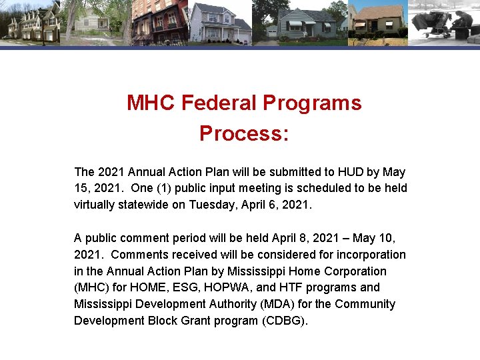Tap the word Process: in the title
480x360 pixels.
coord(244,133)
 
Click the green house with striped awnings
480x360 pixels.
coord(303,23)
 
